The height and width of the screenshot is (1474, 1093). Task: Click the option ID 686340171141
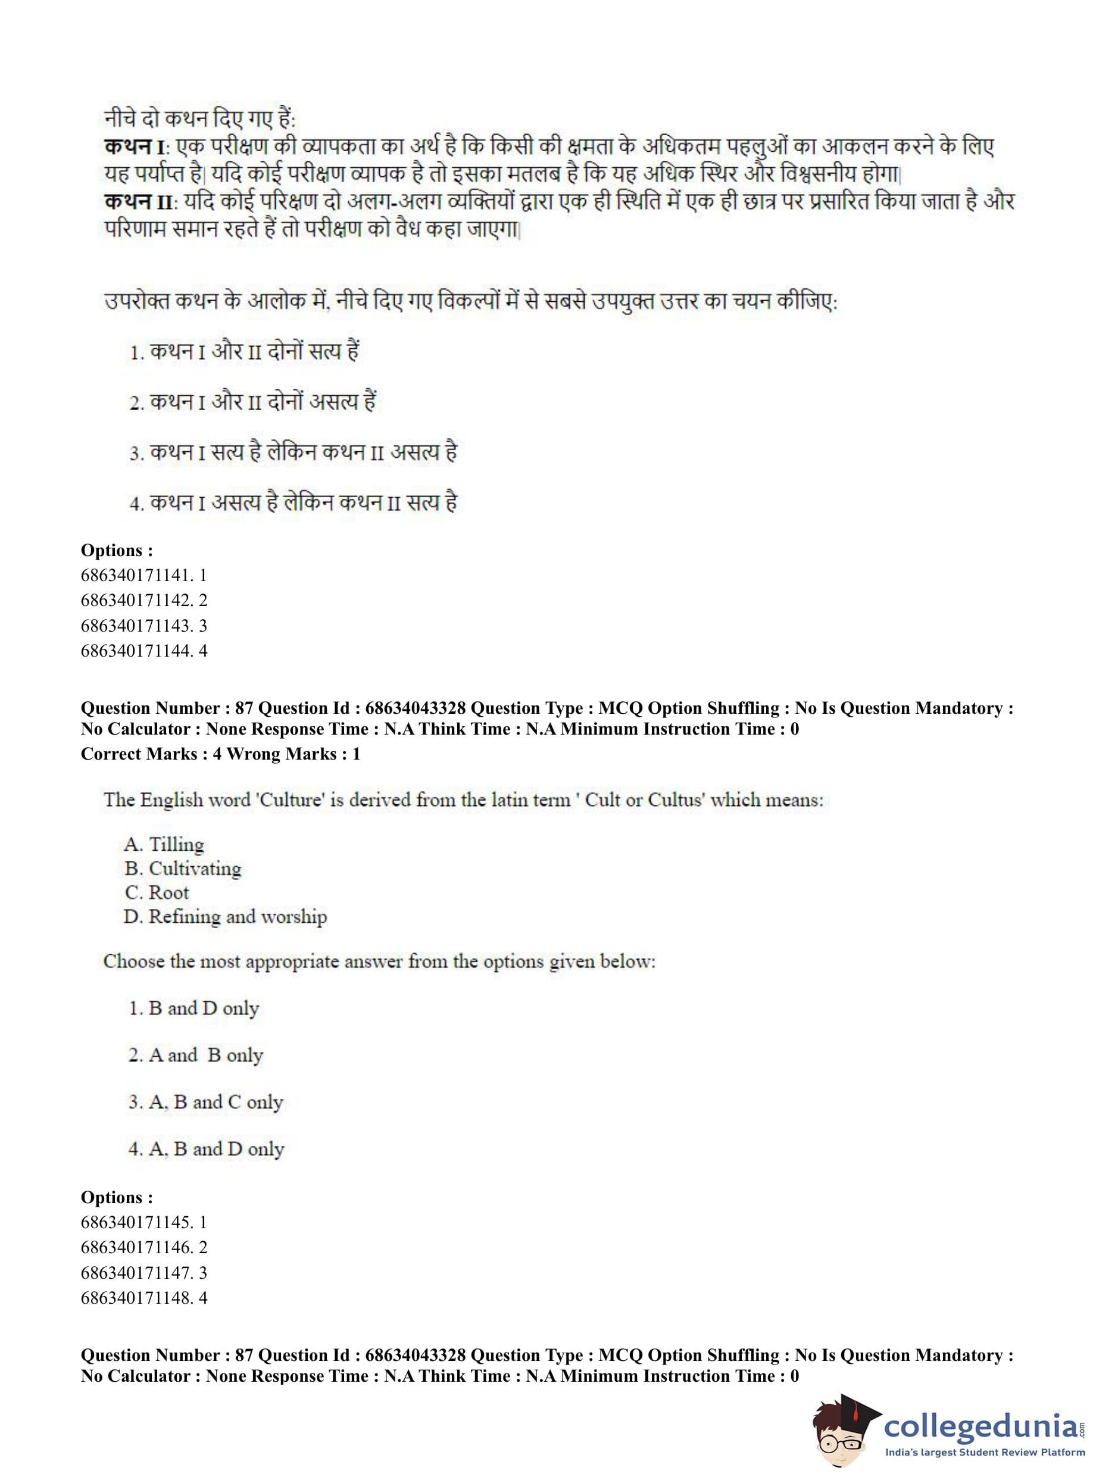pos(143,575)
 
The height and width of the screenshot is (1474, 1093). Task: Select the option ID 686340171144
pos(143,650)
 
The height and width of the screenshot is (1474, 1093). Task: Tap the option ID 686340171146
pos(143,1247)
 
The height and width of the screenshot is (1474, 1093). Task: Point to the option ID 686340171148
pos(143,1297)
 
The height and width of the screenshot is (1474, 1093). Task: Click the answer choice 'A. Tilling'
pos(164,844)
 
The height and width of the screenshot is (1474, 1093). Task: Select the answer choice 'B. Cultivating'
pos(183,868)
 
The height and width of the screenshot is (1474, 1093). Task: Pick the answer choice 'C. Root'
pos(157,892)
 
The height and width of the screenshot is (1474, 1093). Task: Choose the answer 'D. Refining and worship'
pos(225,917)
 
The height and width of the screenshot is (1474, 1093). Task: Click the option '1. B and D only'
pos(193,1008)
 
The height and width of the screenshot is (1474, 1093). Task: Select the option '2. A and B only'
pos(195,1055)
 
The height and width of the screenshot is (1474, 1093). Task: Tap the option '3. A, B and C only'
pos(205,1102)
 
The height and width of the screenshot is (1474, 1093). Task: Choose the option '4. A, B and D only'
pos(206,1149)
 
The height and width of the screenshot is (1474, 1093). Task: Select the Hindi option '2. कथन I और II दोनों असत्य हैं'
pos(253,402)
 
